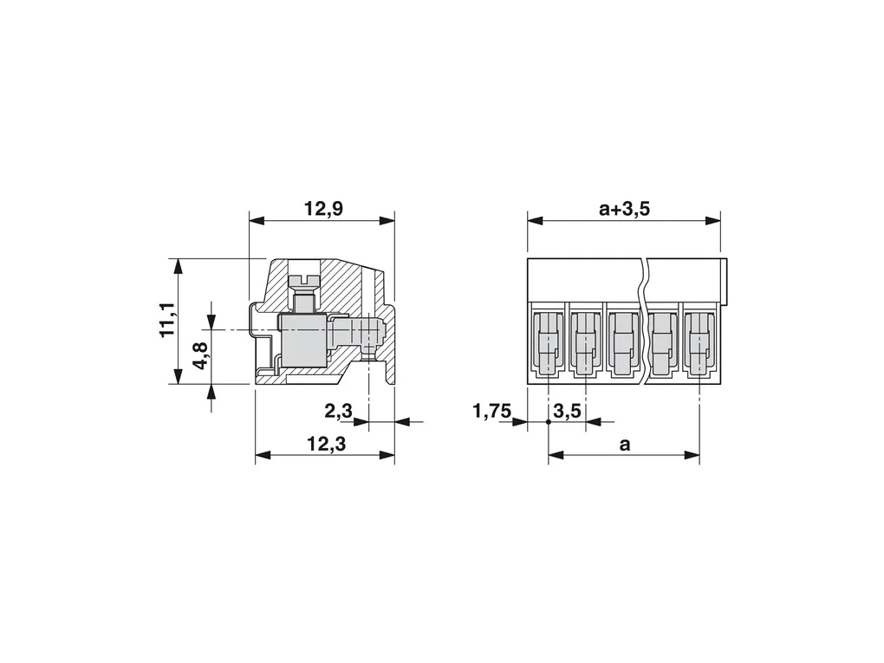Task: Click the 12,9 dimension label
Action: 323,209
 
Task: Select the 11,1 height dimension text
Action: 168,320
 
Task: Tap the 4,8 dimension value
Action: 202,355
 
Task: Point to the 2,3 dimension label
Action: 338,411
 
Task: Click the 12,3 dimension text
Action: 327,445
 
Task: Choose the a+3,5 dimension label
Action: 624,209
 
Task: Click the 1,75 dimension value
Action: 491,411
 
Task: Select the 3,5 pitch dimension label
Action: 567,411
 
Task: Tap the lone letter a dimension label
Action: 625,445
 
